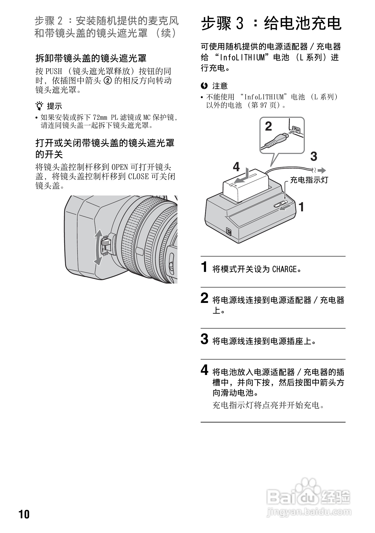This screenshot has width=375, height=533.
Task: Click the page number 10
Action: [24, 514]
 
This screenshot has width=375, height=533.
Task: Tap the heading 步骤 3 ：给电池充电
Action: [271, 24]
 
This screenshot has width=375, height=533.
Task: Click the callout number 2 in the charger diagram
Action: [269, 126]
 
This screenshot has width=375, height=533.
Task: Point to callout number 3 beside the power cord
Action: [314, 156]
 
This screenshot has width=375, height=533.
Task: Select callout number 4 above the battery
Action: [236, 167]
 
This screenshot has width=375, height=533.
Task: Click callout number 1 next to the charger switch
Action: [301, 207]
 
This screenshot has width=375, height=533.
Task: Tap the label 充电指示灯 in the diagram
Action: [309, 180]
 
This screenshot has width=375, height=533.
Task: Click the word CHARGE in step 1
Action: [285, 269]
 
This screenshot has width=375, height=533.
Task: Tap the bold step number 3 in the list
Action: [204, 339]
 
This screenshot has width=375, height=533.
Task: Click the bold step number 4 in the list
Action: [204, 370]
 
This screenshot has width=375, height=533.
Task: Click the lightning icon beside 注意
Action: [204, 85]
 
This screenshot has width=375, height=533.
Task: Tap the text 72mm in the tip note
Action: [100, 117]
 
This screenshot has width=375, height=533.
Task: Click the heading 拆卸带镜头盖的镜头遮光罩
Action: [91, 58]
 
